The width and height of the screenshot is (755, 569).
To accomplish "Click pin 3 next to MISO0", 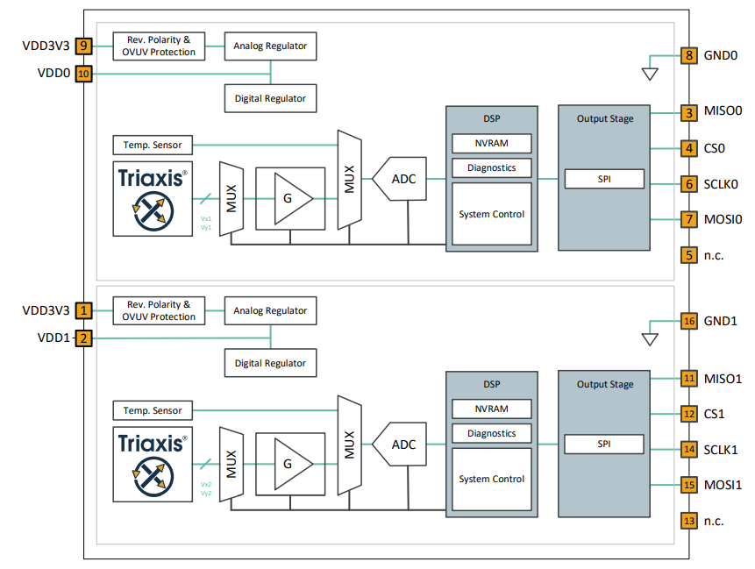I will tap(689, 111).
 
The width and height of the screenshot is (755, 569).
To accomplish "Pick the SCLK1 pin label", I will tap(721, 450).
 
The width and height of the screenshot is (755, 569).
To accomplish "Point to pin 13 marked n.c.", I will tap(689, 521).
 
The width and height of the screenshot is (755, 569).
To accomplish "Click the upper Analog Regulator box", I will tap(270, 46).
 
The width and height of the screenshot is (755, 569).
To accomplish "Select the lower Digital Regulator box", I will tap(270, 363).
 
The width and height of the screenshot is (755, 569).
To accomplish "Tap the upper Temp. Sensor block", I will tap(153, 145).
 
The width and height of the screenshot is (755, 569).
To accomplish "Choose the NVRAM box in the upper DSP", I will tap(492, 143).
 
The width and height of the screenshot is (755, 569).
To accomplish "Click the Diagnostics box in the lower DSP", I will tap(492, 433).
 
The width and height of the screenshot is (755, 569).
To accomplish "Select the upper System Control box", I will tap(492, 214).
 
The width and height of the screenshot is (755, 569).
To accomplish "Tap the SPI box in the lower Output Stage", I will tap(604, 444).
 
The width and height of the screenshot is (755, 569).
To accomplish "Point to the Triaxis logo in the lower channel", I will tap(153, 464).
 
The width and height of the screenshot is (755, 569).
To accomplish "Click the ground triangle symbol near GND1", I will tap(650, 338).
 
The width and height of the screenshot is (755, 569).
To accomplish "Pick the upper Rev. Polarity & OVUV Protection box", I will tap(160, 46).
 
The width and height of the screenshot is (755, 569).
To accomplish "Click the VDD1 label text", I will tap(53, 338).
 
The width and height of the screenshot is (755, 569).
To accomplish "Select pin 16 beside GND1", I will tap(689, 321).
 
